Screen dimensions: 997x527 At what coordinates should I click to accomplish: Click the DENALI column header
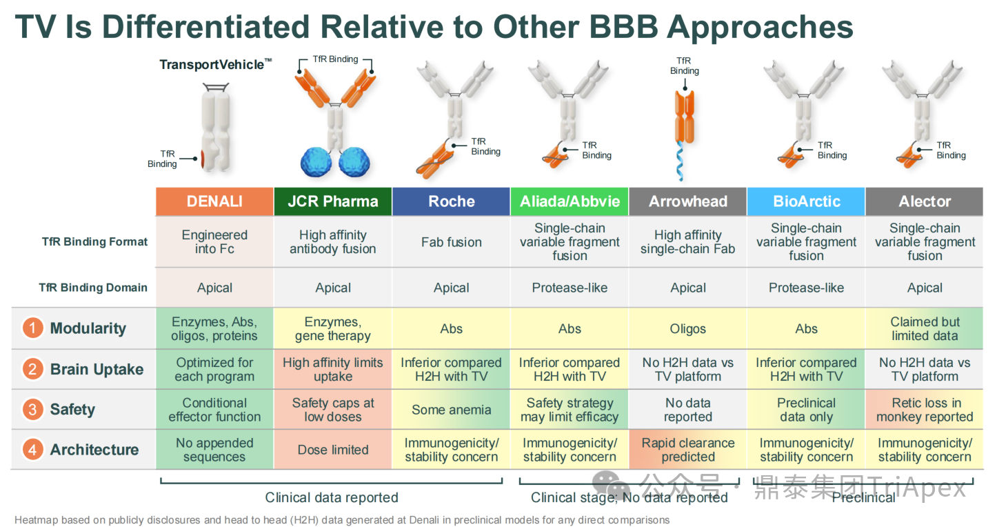214,201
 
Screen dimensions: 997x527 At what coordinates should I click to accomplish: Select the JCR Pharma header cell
333,201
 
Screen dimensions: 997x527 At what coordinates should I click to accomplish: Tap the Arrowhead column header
687,201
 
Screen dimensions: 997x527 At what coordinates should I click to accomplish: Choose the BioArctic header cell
806,201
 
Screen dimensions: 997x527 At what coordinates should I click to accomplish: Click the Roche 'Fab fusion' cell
452,242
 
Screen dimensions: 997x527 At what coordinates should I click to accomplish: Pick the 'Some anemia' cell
452,410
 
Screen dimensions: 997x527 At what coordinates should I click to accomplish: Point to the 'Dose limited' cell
333,450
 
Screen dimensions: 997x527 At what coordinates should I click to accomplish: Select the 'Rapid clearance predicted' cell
687,450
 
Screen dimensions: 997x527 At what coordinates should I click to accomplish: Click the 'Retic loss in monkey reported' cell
925,410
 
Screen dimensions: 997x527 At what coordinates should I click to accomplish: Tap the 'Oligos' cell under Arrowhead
687,328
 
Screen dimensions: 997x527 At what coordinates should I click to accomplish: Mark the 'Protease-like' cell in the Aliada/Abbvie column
570,288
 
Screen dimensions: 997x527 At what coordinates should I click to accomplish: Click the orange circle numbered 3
32,410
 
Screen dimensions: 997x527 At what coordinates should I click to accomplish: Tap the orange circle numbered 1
32,328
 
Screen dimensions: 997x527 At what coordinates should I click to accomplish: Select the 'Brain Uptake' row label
97,370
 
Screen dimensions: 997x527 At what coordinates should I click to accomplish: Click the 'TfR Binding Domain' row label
93,288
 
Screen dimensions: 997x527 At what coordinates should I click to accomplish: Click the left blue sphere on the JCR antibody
316,162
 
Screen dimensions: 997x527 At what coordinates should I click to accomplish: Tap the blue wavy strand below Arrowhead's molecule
680,161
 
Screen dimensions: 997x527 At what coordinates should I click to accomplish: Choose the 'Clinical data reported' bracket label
332,497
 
